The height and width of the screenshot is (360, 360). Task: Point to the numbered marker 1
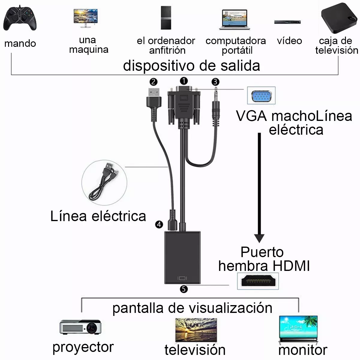click(184, 81)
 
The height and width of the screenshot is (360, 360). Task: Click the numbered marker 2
click(153, 82)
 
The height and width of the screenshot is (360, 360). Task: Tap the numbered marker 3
click(215, 82)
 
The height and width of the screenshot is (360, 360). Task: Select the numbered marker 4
click(159, 224)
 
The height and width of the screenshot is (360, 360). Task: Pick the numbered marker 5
click(184, 289)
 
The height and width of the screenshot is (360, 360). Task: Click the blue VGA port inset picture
click(261, 96)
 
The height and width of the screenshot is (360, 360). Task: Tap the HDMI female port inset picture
click(258, 281)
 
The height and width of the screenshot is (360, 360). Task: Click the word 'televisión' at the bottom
click(195, 350)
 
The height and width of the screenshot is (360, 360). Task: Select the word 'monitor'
click(303, 350)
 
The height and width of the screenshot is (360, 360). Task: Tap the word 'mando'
click(20, 43)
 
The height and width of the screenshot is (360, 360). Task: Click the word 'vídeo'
click(289, 41)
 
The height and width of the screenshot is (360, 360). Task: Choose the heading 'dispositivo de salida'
click(191, 66)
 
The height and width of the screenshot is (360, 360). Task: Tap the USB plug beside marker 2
click(153, 99)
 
